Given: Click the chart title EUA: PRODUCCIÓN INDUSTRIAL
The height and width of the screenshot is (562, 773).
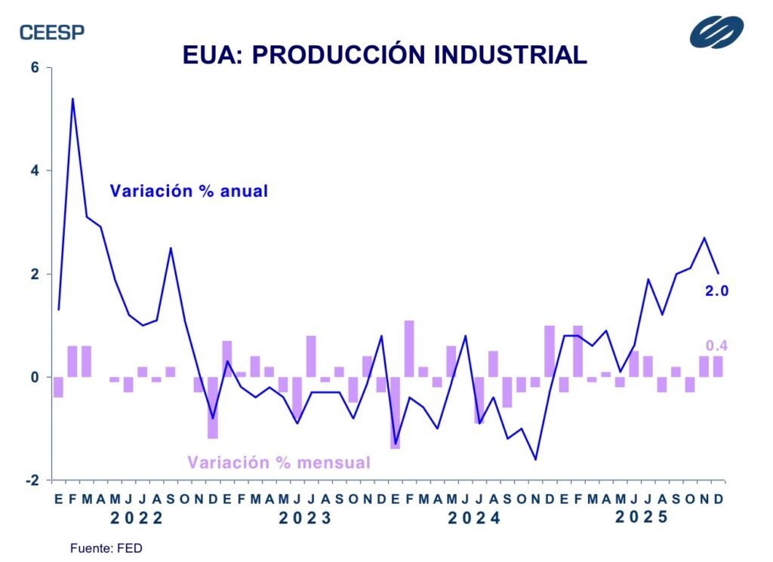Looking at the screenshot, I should pyautogui.click(x=385, y=54).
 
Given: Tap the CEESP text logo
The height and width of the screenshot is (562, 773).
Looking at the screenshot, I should pyautogui.click(x=52, y=32).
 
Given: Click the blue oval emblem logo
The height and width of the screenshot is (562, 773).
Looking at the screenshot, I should pyautogui.click(x=716, y=32).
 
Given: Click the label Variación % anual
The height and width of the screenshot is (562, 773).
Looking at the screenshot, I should pyautogui.click(x=189, y=191).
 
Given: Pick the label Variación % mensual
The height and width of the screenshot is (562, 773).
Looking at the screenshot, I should pyautogui.click(x=279, y=462).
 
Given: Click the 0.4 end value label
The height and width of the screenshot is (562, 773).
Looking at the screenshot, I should pyautogui.click(x=716, y=346).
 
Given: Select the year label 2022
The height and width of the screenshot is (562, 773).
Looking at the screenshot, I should pyautogui.click(x=136, y=518).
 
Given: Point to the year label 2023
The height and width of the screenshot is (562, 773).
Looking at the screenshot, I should pyautogui.click(x=305, y=518).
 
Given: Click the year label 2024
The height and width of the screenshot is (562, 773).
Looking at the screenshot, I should pyautogui.click(x=474, y=518).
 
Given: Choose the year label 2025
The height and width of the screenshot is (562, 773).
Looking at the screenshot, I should pyautogui.click(x=642, y=517).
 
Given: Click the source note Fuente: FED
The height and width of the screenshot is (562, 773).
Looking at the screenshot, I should pyautogui.click(x=106, y=548).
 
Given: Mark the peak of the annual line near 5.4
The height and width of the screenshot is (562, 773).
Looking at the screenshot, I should pyautogui.click(x=72, y=99).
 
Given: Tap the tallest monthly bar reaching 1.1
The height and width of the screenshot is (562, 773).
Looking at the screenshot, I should pyautogui.click(x=409, y=349).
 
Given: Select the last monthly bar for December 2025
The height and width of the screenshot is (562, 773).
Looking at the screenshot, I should pyautogui.click(x=718, y=367).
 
